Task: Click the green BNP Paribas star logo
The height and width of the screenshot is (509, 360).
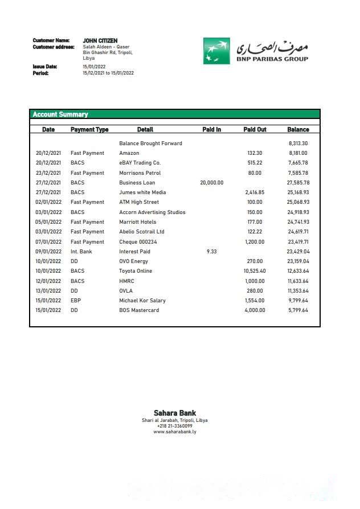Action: [x=216, y=51]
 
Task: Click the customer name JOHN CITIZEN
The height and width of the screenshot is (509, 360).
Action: [x=100, y=41]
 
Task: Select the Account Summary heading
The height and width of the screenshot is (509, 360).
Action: [x=60, y=114]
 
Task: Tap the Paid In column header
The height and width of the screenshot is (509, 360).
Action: [x=212, y=130]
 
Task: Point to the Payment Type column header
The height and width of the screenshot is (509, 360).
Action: [x=89, y=130]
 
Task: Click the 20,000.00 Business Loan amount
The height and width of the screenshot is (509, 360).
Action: [x=212, y=183]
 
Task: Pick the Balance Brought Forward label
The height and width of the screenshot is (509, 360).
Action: [x=150, y=143]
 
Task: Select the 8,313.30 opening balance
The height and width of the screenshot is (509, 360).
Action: [x=298, y=143]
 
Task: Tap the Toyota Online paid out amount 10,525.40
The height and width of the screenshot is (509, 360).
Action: [x=255, y=271]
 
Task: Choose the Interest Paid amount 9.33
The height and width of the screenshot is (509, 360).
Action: [x=212, y=251]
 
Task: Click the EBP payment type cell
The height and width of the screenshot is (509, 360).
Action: [x=75, y=301]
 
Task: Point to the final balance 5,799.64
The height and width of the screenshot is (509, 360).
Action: [x=298, y=310]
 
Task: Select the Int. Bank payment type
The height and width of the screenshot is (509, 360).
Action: [x=81, y=251]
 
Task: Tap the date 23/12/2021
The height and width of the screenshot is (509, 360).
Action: [x=48, y=173]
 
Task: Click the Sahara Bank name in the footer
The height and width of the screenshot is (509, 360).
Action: [x=175, y=413]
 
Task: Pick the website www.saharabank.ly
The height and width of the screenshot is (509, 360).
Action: [x=175, y=432]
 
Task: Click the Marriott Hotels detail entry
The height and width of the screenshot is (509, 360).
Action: [x=137, y=222]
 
